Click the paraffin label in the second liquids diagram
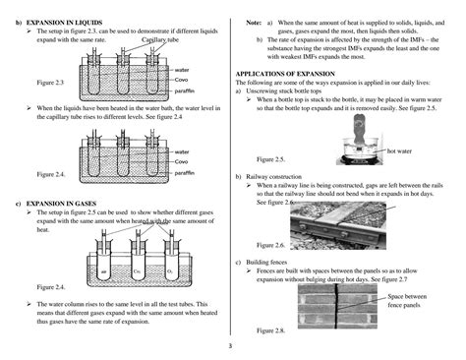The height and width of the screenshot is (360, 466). point(184,172)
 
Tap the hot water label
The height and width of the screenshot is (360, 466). point(400,150)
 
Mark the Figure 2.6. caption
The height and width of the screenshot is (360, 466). point(270,245)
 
